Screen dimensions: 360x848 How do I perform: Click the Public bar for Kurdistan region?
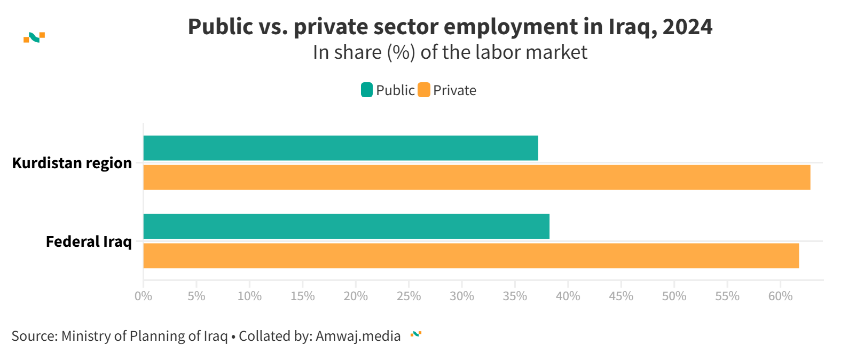pos(341,148)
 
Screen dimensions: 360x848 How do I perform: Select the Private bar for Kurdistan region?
pos(476,177)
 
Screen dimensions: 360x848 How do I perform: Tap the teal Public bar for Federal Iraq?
pos(346,226)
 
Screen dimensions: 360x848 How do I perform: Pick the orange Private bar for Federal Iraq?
pos(471,256)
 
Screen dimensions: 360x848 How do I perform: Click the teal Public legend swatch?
pos(367,90)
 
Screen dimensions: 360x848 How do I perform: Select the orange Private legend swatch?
pos(424,90)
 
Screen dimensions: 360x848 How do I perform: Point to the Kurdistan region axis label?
pos(72,163)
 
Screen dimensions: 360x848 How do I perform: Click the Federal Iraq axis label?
pos(89,241)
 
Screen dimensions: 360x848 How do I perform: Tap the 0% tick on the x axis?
pos(143,296)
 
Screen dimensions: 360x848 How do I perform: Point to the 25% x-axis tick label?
pos(409,296)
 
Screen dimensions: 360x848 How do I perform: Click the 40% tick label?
pos(568,296)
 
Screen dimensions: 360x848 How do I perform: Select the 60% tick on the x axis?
pos(780,296)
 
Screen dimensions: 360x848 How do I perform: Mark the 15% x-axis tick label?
pos(302,296)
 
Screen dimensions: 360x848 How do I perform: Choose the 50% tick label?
pos(674,296)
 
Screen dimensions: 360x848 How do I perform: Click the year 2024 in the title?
pos(687,27)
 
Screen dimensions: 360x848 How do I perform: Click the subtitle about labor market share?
pos(450,52)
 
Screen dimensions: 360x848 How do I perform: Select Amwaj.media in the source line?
pos(358,336)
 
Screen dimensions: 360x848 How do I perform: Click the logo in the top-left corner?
pos(34,37)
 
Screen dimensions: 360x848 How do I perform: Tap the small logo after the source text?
pos(416,334)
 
